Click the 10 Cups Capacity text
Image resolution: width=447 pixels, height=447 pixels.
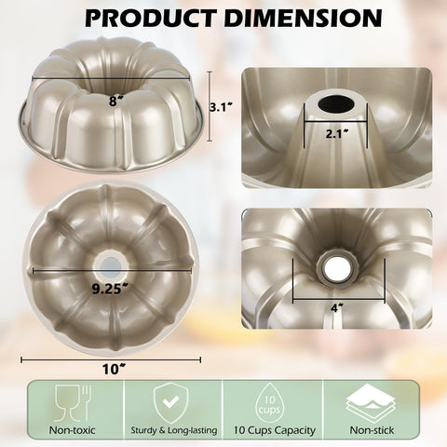click(275, 430)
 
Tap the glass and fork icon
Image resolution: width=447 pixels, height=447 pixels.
click(68, 399)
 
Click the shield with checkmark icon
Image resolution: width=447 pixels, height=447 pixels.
click(169, 398)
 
